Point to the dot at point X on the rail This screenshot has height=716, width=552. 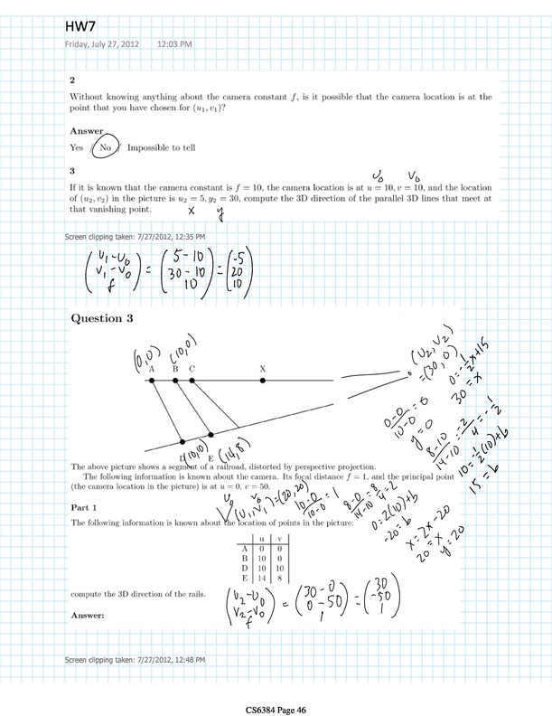[x=263, y=381]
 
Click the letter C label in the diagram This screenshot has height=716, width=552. [x=192, y=369]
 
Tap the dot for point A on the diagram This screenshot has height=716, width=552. [x=152, y=381]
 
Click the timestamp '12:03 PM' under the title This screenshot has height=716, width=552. [x=173, y=43]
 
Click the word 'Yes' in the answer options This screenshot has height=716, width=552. [x=77, y=147]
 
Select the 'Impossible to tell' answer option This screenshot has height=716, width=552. [x=164, y=147]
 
